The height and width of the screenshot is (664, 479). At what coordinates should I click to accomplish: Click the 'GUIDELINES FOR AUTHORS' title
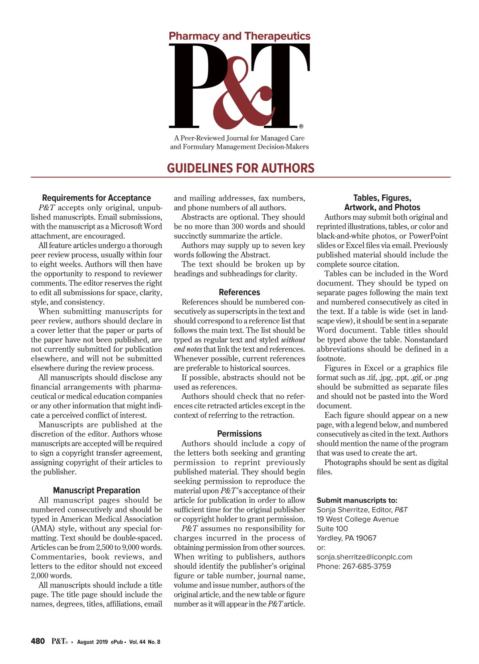(241, 168)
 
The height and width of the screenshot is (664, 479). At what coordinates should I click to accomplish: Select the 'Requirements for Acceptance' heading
(96, 198)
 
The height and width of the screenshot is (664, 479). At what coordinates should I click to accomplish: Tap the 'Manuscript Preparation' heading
(96, 490)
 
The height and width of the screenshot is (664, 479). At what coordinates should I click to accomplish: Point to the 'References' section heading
(239, 292)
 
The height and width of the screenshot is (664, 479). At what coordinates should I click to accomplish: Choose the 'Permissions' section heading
(239, 434)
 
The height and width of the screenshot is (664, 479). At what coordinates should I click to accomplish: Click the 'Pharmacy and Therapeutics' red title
(239, 36)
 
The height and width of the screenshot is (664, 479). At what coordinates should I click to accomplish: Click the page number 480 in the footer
(38, 641)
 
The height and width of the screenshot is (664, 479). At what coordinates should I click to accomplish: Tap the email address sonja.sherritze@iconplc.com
(364, 557)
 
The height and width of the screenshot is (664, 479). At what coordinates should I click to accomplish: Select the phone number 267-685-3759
(366, 566)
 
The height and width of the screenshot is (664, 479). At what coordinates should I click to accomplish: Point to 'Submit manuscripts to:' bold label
(357, 500)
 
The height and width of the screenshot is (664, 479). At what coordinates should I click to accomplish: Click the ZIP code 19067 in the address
(366, 538)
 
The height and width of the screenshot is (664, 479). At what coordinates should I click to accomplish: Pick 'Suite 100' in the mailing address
(332, 529)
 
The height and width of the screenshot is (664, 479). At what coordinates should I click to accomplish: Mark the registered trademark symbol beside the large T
(301, 126)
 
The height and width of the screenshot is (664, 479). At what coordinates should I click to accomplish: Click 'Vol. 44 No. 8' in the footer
(144, 642)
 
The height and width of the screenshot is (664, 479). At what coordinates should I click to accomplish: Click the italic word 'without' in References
(293, 340)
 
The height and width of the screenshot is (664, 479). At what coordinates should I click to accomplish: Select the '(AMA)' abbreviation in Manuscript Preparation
(43, 528)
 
